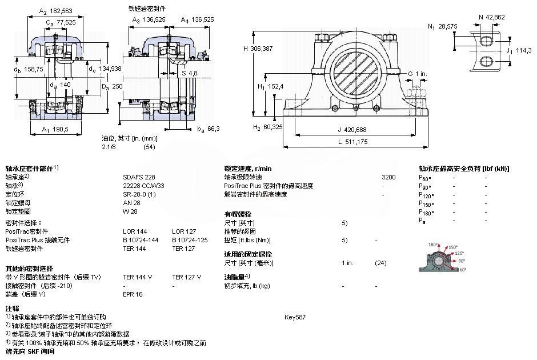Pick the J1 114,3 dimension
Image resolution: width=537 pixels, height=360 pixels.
519,50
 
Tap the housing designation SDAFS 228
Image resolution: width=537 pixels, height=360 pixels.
139,177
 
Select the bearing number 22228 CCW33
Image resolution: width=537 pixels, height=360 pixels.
143,186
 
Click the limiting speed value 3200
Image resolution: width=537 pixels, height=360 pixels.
388,177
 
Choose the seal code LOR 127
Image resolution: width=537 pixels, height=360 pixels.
183,231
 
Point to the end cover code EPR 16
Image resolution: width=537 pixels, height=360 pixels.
133,294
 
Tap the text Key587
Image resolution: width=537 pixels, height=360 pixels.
295,317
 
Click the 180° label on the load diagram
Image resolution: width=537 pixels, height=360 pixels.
432,245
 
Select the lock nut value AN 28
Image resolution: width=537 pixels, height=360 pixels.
132,203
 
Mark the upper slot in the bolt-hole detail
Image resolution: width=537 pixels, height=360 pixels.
486,41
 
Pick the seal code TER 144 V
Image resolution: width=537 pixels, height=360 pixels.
138,277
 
